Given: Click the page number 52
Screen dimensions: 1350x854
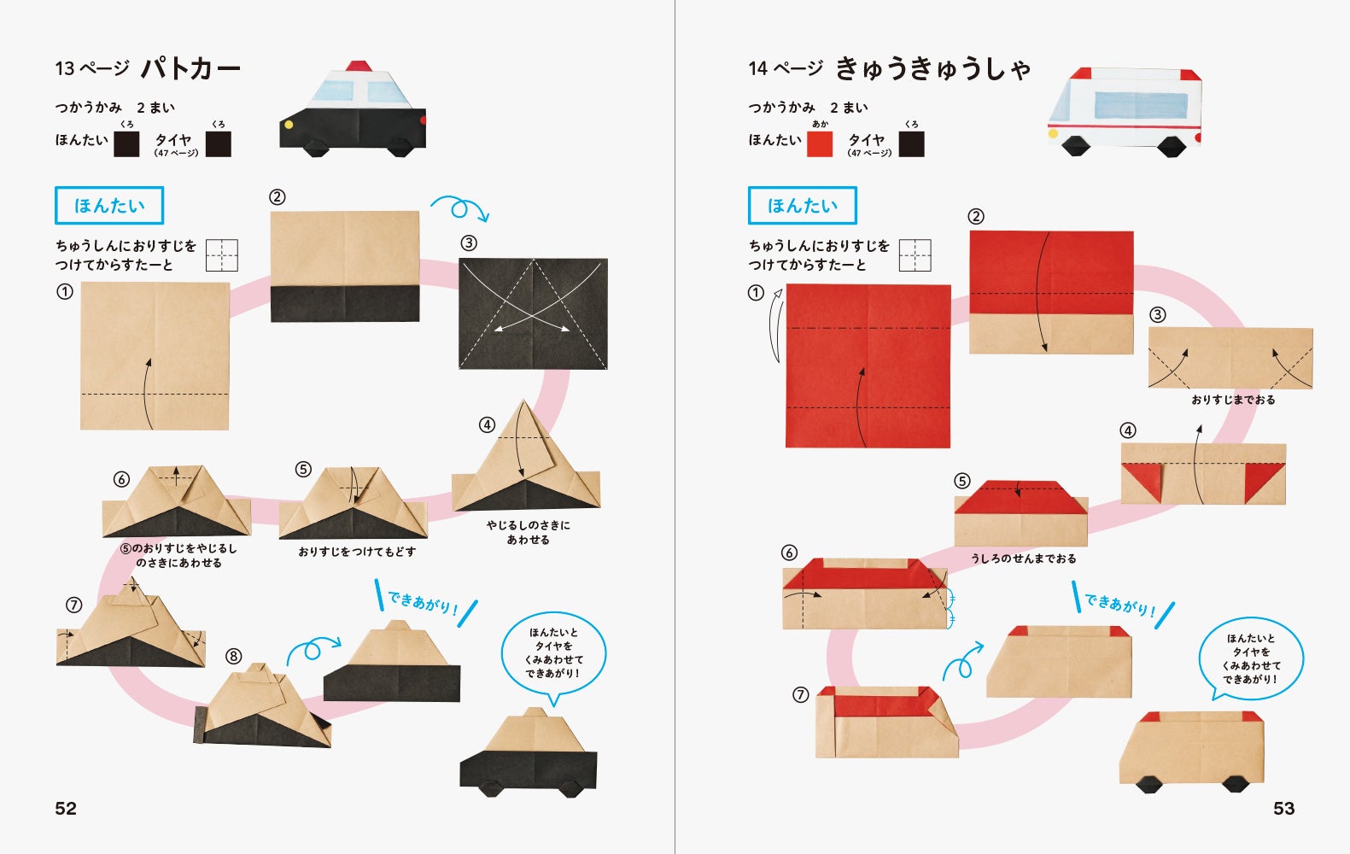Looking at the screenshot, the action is [x=66, y=808].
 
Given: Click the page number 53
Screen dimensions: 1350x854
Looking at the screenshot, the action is [x=1283, y=808].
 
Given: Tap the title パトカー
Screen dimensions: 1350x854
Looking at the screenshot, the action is [x=190, y=68].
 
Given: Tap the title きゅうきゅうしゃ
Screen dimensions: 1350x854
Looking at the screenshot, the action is [x=932, y=68].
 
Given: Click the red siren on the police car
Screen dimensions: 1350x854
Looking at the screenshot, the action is [x=359, y=66].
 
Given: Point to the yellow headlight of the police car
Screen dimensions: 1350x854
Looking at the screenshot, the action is [x=289, y=125].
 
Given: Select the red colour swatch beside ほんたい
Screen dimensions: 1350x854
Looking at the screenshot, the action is [x=820, y=144].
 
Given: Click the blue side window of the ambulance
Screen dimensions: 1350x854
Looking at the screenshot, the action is [x=1141, y=106].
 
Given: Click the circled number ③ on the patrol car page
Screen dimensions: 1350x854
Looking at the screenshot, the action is [x=469, y=243].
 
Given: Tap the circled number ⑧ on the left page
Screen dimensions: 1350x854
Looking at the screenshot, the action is [x=234, y=657].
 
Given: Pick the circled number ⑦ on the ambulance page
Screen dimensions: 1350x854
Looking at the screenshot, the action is [x=800, y=695].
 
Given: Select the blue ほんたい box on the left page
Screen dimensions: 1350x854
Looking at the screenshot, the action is [x=109, y=206].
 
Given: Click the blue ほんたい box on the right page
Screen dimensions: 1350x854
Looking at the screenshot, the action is [x=802, y=206].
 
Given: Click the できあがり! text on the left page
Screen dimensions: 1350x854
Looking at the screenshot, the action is [x=423, y=603].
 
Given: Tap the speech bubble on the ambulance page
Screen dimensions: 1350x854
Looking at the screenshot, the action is [x=1251, y=658].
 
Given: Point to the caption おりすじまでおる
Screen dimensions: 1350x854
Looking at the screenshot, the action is [x=1233, y=400].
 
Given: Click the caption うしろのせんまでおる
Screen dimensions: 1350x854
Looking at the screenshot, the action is [x=1023, y=559].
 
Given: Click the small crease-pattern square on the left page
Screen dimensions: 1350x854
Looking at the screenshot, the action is [x=222, y=255].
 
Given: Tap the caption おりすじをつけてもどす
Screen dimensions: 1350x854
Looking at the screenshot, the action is [x=357, y=552].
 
